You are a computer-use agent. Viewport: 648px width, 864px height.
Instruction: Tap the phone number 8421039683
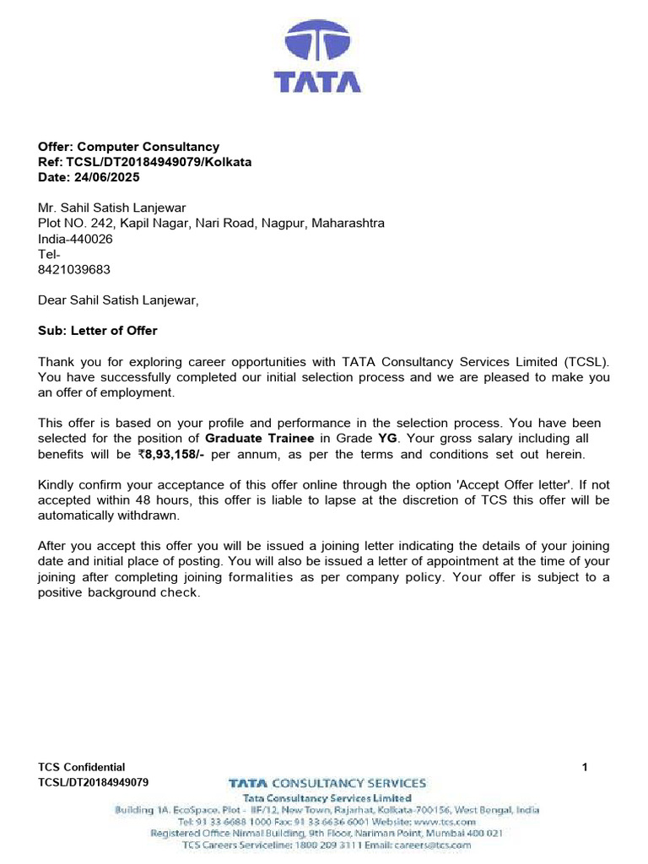pyautogui.click(x=74, y=270)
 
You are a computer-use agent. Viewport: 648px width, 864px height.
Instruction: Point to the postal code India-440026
pyautogui.click(x=75, y=239)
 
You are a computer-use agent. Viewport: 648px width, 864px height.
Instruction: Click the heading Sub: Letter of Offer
pyautogui.click(x=98, y=331)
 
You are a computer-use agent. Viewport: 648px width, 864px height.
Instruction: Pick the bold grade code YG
pyautogui.click(x=387, y=439)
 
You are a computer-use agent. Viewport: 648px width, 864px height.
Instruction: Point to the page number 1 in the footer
pyautogui.click(x=585, y=767)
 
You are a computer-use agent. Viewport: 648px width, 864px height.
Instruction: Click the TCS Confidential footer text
pyautogui.click(x=82, y=767)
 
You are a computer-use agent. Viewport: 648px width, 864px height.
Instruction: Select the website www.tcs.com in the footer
pyautogui.click(x=445, y=820)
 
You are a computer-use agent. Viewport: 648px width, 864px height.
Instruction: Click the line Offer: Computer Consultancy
pyautogui.click(x=128, y=147)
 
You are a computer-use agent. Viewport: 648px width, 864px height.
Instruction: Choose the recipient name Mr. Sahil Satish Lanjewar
pyautogui.click(x=112, y=208)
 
